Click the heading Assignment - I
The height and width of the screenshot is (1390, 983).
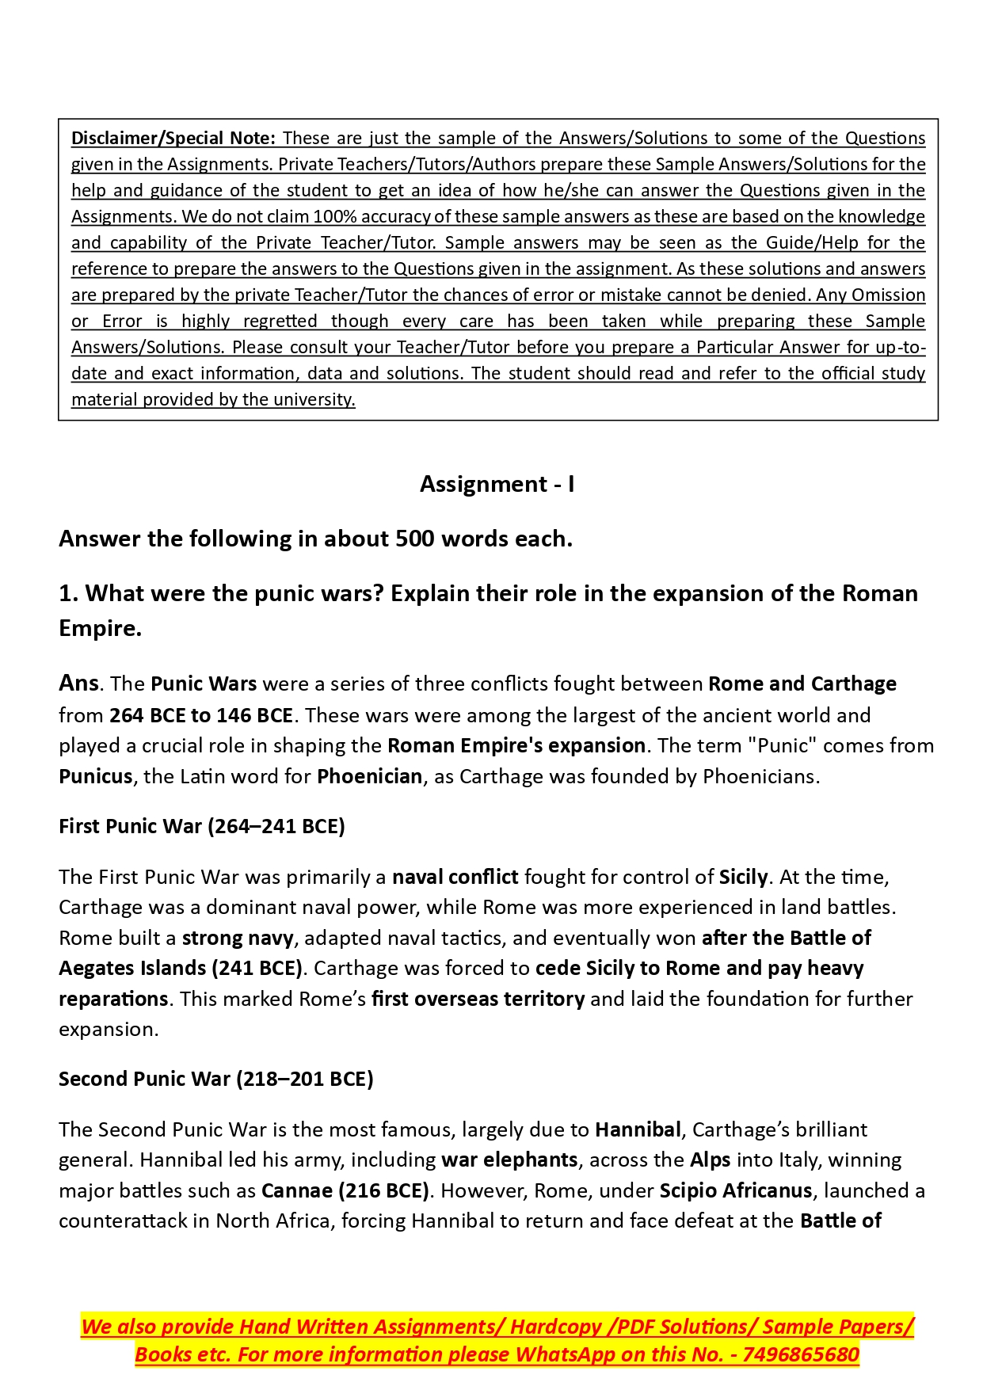(497, 484)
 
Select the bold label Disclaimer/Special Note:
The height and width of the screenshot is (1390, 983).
(173, 139)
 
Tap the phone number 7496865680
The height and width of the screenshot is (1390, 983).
(801, 1354)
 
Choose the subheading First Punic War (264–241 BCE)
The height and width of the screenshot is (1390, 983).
(201, 826)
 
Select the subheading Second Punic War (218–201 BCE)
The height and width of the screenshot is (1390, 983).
(215, 1079)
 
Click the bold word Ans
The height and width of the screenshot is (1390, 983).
(78, 684)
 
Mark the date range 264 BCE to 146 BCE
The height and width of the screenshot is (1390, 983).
(201, 715)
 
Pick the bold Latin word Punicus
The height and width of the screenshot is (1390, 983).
(95, 776)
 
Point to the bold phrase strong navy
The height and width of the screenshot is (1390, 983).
(238, 938)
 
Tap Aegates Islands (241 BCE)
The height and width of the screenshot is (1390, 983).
(181, 968)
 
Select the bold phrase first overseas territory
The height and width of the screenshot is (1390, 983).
(478, 999)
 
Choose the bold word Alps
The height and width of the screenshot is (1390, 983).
(710, 1160)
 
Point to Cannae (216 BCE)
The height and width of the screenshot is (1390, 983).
(345, 1190)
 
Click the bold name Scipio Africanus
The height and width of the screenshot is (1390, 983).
(736, 1190)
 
